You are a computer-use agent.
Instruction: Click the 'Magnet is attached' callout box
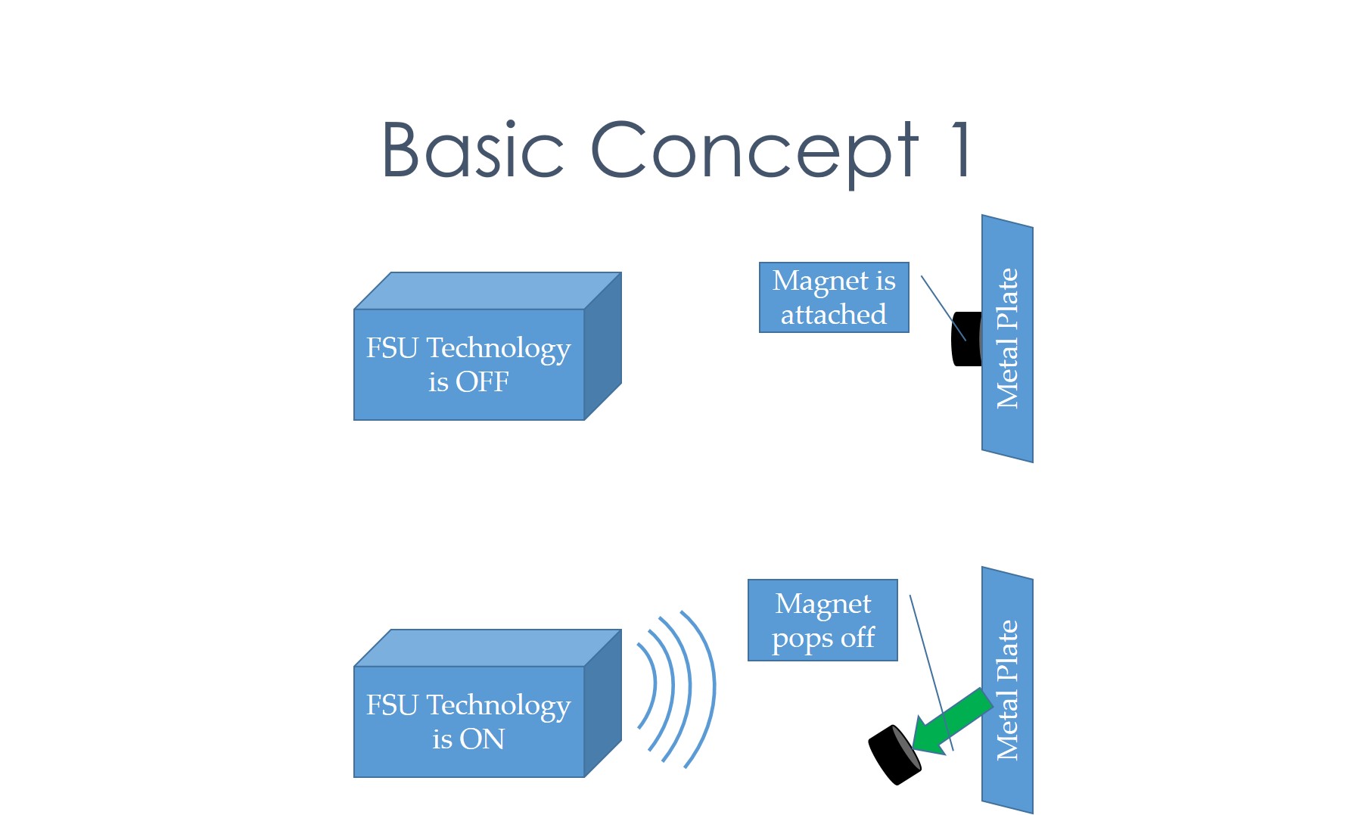(x=834, y=297)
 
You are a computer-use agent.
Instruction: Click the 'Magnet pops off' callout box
(x=822, y=621)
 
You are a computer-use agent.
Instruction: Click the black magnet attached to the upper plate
(x=967, y=339)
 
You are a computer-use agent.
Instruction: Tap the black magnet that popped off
(x=894, y=754)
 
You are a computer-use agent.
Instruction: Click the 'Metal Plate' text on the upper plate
(x=1007, y=338)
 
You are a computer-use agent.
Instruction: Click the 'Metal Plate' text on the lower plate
(x=1007, y=690)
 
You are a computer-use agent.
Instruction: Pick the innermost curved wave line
(x=651, y=686)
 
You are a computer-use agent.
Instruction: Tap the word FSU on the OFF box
(x=392, y=348)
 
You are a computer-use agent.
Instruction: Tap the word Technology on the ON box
(x=499, y=708)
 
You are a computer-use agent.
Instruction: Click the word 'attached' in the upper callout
(x=833, y=314)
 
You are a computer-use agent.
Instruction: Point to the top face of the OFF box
(x=487, y=291)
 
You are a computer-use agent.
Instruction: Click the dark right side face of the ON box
(x=603, y=703)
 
